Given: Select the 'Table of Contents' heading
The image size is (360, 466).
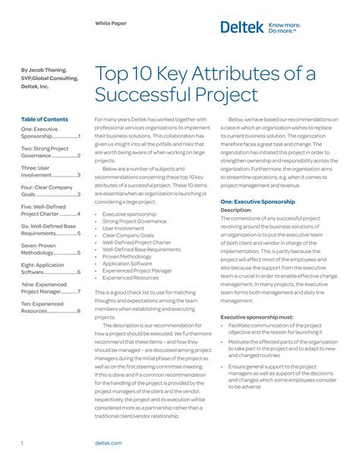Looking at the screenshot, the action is (x=44, y=119).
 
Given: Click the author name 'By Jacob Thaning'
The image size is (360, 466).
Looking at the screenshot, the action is (x=46, y=69).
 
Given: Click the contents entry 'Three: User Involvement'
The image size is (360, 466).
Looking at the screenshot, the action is (x=50, y=171).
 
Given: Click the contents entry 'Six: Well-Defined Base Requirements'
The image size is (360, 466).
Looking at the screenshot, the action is (x=50, y=229).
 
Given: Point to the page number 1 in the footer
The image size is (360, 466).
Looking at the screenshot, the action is (x=22, y=442).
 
